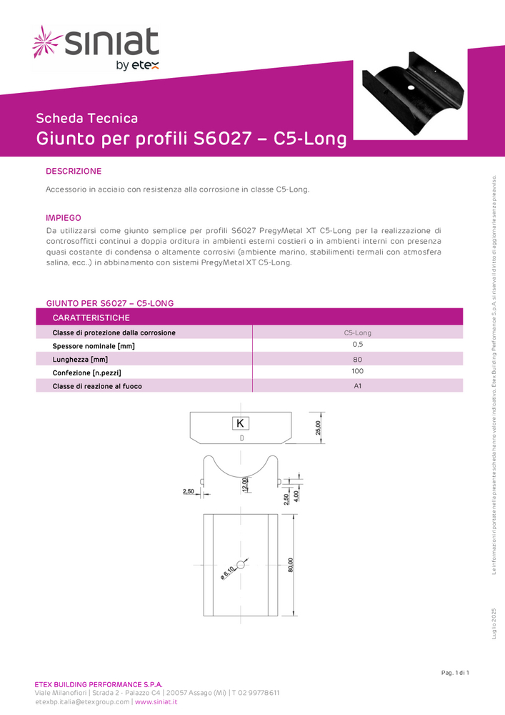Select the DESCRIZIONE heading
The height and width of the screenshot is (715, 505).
tap(74, 172)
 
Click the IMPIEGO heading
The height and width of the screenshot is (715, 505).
tap(64, 217)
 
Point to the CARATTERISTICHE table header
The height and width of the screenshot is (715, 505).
tap(91, 317)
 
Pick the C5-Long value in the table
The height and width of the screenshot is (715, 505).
tap(357, 332)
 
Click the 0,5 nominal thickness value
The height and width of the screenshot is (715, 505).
tap(357, 345)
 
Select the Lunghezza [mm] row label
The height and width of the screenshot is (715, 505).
tap(80, 359)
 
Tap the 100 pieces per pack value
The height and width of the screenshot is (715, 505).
tap(357, 371)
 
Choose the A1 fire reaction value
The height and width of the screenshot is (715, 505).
tap(357, 386)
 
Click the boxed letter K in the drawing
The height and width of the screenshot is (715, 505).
tap(240, 423)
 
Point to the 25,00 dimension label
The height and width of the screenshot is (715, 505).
tap(319, 428)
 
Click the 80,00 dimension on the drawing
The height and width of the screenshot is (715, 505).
tap(291, 565)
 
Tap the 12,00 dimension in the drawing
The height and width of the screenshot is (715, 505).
tap(245, 484)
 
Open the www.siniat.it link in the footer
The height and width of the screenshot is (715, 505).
tap(156, 702)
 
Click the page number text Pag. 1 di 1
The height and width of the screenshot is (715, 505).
tap(455, 673)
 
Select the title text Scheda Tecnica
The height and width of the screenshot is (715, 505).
tap(86, 119)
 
